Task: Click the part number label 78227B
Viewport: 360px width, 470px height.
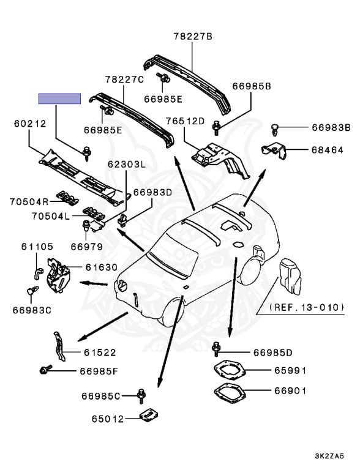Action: click(192, 37)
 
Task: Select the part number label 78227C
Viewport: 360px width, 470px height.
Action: click(124, 80)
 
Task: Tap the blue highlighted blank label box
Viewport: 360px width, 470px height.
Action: click(59, 99)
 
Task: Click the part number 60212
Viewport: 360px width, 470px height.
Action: click(30, 124)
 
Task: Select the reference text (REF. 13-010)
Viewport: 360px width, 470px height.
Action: click(307, 307)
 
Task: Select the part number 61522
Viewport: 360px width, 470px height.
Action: click(101, 352)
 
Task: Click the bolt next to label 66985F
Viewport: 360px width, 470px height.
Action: click(45, 370)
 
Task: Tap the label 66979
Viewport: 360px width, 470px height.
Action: click(86, 246)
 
